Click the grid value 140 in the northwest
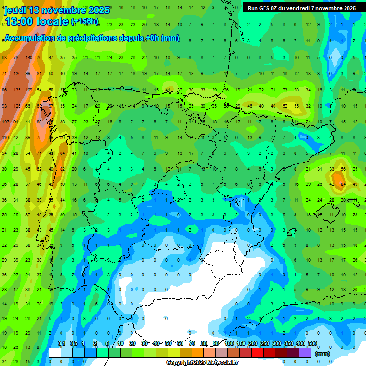pyautogui.click(x=29, y=58)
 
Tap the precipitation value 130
pyautogui.click(x=17, y=74)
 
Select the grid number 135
pyautogui.click(x=17, y=90)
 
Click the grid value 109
pyautogui.click(x=29, y=90)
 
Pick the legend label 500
pyautogui.click(x=313, y=344)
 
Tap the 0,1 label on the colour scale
pyautogui.click(x=61, y=344)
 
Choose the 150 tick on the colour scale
pyautogui.click(x=241, y=344)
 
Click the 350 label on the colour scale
pyautogui.click(x=289, y=344)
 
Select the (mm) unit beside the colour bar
pyautogui.click(x=323, y=354)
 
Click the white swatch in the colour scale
pyautogui.click(x=55, y=353)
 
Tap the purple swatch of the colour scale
pyautogui.click(x=305, y=353)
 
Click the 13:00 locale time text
pyautogui.click(x=36, y=21)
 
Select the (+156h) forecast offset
pyautogui.click(x=85, y=21)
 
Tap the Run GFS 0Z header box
pyautogui.click(x=301, y=8)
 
